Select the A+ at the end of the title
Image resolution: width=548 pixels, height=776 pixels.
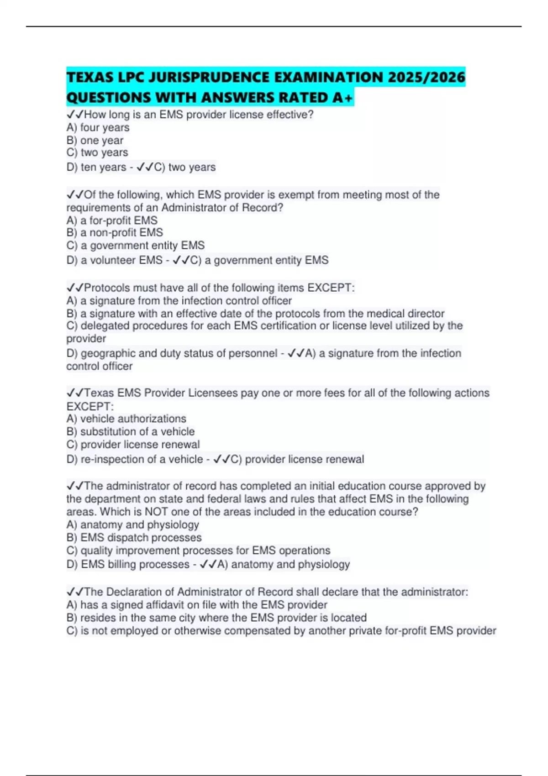pyautogui.click(x=342, y=98)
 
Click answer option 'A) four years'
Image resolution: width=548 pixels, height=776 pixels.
pyautogui.click(x=98, y=127)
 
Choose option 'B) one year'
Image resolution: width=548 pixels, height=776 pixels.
pyautogui.click(x=95, y=140)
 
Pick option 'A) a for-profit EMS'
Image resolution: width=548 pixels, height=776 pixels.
pyautogui.click(x=112, y=220)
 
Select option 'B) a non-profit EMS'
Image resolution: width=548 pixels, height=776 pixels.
pyautogui.click(x=115, y=232)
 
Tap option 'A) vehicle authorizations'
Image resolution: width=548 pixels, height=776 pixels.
pyautogui.click(x=126, y=419)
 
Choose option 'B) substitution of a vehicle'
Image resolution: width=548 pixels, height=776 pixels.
pyautogui.click(x=130, y=431)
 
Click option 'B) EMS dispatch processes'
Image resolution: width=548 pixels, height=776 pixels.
pyautogui.click(x=134, y=538)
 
